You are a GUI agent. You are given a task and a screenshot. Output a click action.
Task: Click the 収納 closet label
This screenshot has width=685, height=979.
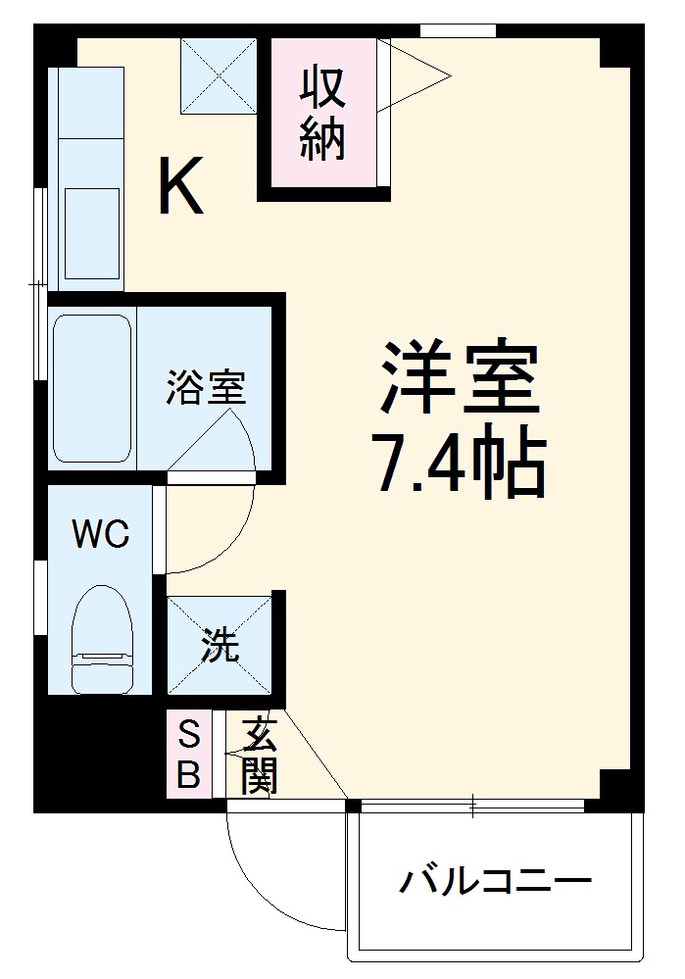pos(322,114)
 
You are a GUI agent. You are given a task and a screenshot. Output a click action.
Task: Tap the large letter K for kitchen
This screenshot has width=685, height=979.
pos(181,187)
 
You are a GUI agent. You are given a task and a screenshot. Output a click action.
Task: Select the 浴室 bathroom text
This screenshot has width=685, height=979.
pos(205,388)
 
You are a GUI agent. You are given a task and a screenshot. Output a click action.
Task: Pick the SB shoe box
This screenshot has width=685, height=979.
pos(188,754)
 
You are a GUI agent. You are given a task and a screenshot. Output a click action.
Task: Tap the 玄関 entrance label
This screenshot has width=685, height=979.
pos(258,754)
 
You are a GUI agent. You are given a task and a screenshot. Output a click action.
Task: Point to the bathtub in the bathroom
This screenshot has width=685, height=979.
pos(92,388)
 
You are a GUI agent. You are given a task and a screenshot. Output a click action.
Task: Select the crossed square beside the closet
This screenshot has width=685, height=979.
pos(219,75)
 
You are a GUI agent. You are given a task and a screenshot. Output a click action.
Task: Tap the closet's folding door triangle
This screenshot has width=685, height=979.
pos(416,73)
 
